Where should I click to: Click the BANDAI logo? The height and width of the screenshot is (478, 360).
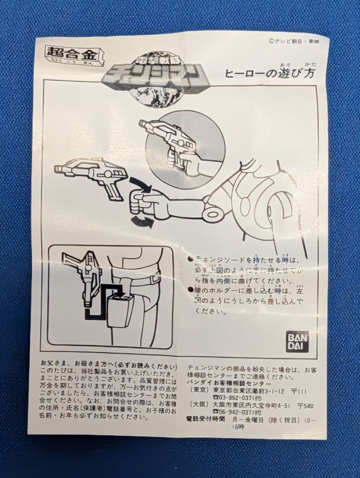point(297,341)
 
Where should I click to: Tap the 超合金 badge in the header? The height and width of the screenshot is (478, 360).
point(74,56)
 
